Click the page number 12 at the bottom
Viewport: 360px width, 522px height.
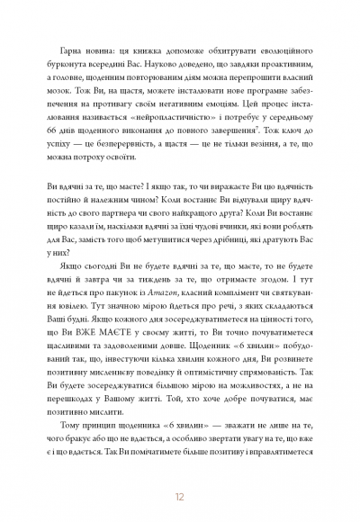coord(179,494)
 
